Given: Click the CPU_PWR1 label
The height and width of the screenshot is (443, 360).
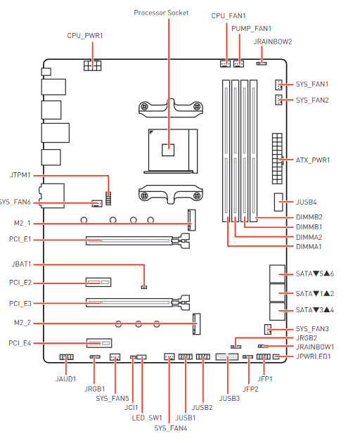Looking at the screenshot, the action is click(85, 36).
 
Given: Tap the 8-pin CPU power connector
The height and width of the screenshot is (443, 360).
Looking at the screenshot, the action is click(92, 65).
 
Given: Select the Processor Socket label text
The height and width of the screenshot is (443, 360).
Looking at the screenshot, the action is click(161, 13).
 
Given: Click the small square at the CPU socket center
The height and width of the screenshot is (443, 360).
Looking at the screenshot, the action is click(168, 150).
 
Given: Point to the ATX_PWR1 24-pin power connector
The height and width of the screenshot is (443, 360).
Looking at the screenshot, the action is click(277, 158).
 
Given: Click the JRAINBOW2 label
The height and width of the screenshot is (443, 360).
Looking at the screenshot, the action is click(273, 41).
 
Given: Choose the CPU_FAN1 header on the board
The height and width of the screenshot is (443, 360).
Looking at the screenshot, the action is click(225, 64).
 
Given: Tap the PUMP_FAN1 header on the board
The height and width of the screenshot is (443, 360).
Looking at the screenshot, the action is click(239, 64).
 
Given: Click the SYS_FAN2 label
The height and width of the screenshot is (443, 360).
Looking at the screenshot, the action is click(312, 101).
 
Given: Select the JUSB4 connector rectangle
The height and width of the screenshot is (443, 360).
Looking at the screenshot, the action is click(278, 202).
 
